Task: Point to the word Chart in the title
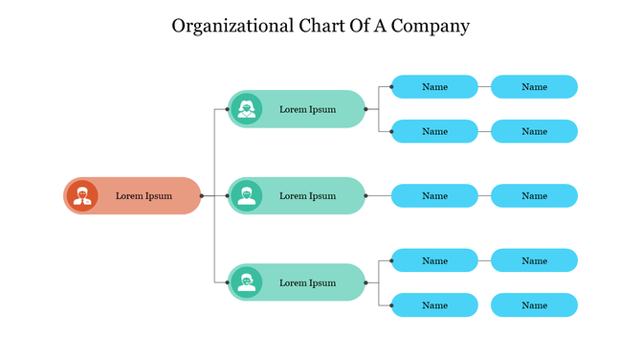tap(319, 26)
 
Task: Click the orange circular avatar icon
tap(83, 195)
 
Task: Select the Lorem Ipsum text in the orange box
tap(144, 196)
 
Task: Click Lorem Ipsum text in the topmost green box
tap(307, 109)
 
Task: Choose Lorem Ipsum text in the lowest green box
tap(307, 283)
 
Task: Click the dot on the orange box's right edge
tap(202, 195)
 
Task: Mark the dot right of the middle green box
tap(365, 195)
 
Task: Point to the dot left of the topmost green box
tap(227, 109)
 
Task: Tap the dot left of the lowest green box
tap(227, 282)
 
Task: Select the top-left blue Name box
tap(434, 87)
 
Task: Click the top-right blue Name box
tap(534, 87)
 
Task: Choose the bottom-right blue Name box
tap(534, 305)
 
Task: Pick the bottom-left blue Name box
tap(434, 305)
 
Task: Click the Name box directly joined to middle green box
tap(434, 196)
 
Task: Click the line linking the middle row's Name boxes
tap(484, 196)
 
